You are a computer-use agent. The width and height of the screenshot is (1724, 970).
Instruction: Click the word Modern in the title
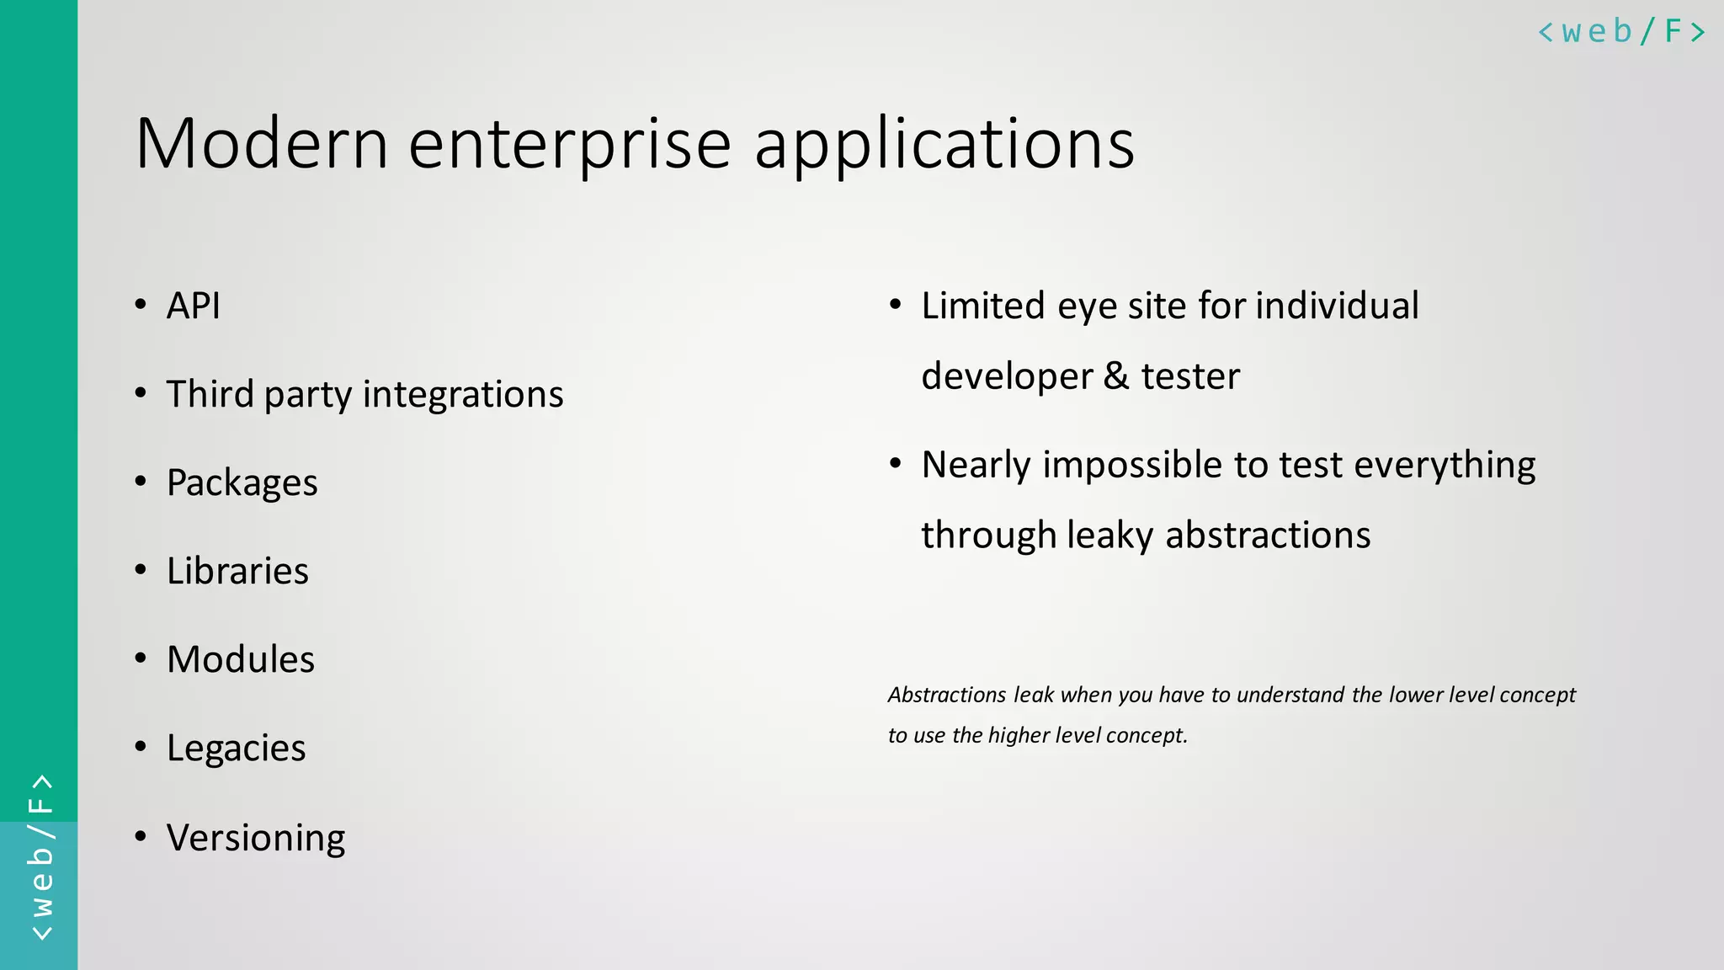click(262, 143)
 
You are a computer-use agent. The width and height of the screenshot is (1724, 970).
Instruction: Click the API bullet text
click(194, 306)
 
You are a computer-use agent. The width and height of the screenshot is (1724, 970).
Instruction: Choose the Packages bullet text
click(242, 483)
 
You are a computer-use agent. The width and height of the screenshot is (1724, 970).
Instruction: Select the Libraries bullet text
click(238, 571)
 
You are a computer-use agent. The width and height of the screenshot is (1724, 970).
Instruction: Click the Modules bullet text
click(241, 659)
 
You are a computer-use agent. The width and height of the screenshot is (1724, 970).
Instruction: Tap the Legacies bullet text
click(237, 749)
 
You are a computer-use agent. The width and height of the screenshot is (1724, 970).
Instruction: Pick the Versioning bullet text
click(256, 838)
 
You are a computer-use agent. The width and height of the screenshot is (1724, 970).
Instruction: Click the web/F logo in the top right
click(1621, 32)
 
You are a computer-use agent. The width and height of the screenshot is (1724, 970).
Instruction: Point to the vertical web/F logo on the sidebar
click(40, 857)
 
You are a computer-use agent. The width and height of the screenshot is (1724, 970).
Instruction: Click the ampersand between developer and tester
click(1116, 376)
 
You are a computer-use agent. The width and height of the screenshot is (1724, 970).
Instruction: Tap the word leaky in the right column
click(1109, 536)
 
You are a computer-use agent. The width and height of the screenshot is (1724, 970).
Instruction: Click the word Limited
click(983, 306)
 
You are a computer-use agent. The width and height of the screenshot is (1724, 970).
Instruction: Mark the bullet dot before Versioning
click(141, 836)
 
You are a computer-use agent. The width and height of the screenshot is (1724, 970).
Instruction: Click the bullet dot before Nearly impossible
click(896, 463)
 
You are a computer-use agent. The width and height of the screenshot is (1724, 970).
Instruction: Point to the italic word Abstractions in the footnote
click(947, 695)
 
